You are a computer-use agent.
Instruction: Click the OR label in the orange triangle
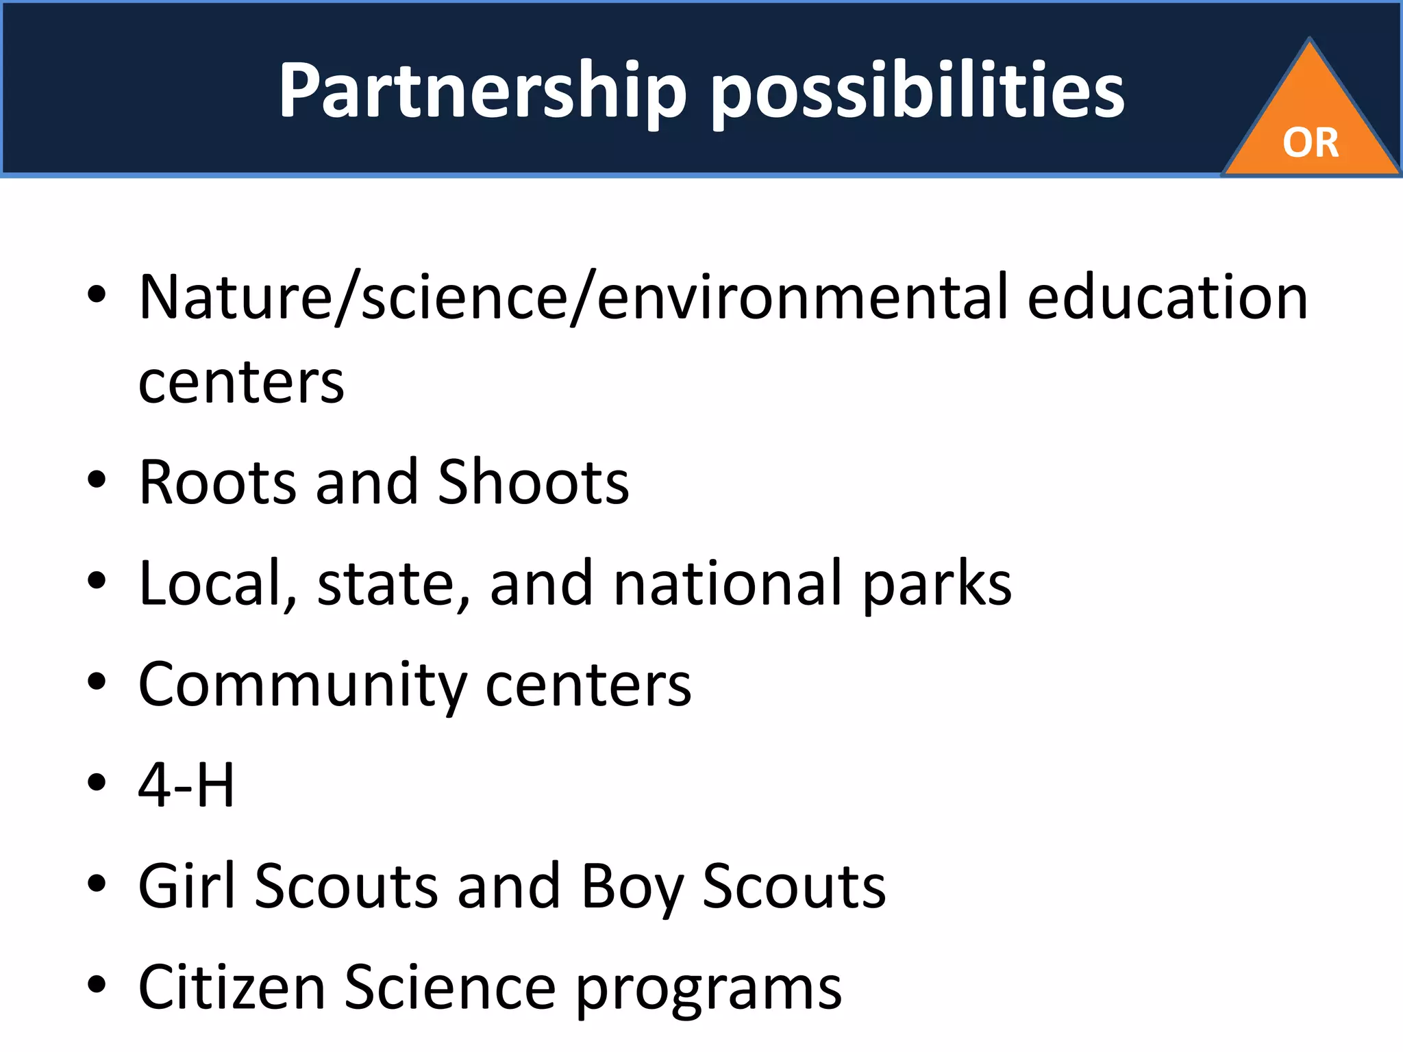click(x=1311, y=143)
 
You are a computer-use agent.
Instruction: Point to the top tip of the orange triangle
click(x=1310, y=41)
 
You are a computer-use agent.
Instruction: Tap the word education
click(x=1167, y=297)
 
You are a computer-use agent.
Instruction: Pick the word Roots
click(x=218, y=483)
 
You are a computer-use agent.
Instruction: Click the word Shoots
click(x=533, y=483)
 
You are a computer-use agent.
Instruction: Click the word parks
click(x=936, y=586)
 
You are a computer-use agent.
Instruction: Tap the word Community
click(x=302, y=685)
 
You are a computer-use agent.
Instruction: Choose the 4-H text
click(x=186, y=785)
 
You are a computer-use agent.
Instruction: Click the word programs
click(x=708, y=990)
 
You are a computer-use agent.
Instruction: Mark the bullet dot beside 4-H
click(x=97, y=783)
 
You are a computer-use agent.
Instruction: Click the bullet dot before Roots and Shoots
click(x=97, y=479)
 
